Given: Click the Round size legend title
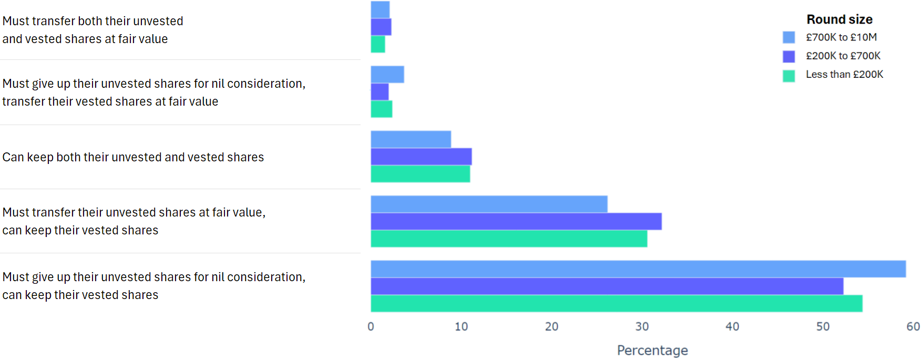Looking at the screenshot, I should (839, 19).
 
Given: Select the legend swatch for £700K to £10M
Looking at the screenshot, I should (788, 37).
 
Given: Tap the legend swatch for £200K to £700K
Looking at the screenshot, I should (788, 56).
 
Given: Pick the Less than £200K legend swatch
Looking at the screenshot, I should (788, 76).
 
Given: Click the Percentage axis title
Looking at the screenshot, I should (652, 350).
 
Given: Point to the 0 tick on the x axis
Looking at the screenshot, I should (371, 326).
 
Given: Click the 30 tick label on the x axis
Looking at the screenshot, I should (642, 326).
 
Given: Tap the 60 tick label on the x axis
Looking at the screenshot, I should (913, 326).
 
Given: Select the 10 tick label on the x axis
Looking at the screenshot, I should (461, 326).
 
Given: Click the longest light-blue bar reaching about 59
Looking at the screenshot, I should (638, 269).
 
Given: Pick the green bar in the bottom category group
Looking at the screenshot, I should (616, 303).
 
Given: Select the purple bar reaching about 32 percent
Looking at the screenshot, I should (516, 221).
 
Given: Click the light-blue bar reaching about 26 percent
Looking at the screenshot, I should (489, 204).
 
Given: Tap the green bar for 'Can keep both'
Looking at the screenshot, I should (420, 174).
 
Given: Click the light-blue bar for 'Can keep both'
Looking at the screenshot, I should (411, 139).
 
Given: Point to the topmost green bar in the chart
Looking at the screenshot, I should (377, 44).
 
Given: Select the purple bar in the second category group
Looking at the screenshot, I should (380, 92).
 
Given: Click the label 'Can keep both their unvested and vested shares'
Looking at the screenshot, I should (133, 157).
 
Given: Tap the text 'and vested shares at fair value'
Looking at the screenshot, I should (85, 39).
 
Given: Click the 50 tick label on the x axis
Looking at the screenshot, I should (823, 326).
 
